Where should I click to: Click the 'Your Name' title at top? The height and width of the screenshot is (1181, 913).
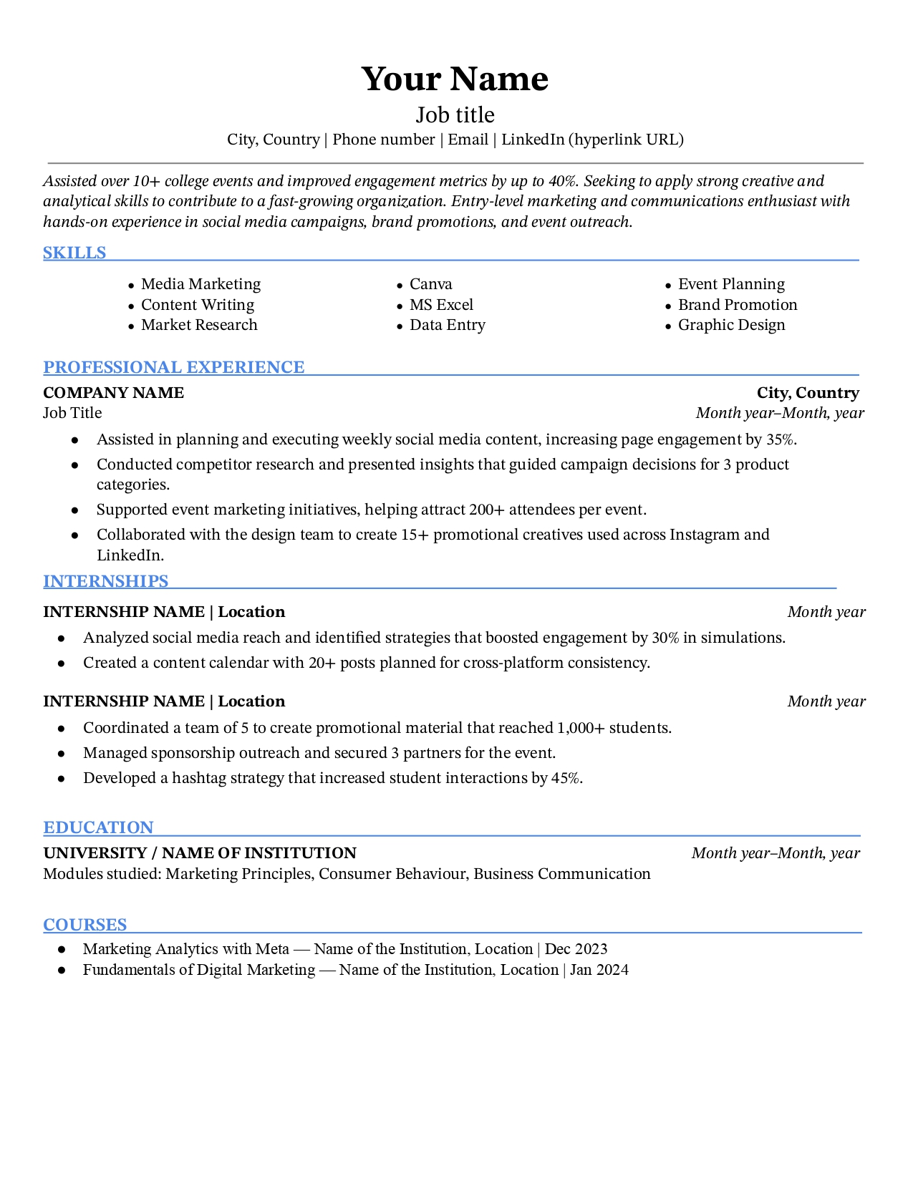[455, 79]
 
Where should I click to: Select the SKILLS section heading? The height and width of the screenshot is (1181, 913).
[74, 253]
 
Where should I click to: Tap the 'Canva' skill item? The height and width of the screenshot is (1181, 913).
[430, 284]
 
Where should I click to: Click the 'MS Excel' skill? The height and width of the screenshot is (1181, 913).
[441, 305]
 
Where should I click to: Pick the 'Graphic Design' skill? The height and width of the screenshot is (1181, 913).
[731, 325]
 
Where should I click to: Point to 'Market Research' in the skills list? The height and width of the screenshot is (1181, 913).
[199, 325]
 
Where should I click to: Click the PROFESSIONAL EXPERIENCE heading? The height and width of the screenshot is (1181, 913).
[174, 367]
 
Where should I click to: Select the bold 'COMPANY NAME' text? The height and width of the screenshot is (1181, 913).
[113, 393]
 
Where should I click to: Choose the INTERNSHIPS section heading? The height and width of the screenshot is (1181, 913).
[105, 581]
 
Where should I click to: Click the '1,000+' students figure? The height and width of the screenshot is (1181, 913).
[580, 728]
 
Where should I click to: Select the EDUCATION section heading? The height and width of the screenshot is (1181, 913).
[98, 827]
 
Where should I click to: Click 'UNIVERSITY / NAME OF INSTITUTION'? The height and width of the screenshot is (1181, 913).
[200, 853]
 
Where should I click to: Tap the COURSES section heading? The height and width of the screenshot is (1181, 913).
[84, 925]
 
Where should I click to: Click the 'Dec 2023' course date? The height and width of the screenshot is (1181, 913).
[576, 949]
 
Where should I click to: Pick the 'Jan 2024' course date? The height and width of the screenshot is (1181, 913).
[599, 970]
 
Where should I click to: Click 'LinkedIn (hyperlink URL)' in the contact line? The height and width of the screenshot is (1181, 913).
[592, 140]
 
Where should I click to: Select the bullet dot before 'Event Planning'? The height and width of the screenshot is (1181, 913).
[668, 286]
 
